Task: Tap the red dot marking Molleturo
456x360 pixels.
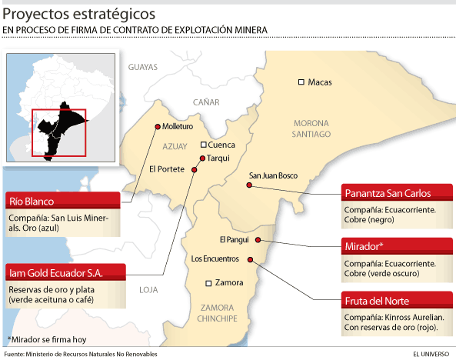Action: pos(158,127)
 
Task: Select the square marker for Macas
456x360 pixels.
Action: pos(302,82)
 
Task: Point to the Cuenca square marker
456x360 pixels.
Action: pos(203,145)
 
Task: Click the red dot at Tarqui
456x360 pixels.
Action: pos(202,158)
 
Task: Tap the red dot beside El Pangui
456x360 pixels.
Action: pos(257,239)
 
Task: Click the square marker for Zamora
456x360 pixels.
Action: pos(209,282)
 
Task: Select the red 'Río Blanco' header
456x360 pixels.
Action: pos(63,201)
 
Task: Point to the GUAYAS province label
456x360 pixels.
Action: pos(142,67)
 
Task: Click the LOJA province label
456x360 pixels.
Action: pos(148,290)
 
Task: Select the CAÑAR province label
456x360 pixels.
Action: pos(206,102)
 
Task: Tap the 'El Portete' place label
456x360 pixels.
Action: pos(166,170)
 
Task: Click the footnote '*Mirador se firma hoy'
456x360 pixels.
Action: pos(48,339)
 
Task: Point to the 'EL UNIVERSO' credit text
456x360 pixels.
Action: pos(431,355)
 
